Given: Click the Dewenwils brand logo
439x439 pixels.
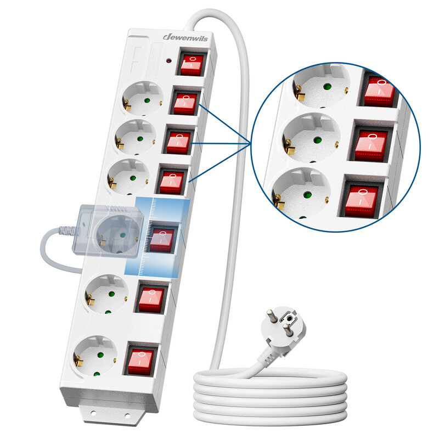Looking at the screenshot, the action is pyautogui.click(x=185, y=37).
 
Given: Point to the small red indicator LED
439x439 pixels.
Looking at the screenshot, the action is pyautogui.click(x=169, y=60).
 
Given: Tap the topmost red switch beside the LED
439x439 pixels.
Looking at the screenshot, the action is pyautogui.click(x=192, y=65).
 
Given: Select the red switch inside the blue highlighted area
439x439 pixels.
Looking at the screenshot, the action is pyautogui.click(x=161, y=240).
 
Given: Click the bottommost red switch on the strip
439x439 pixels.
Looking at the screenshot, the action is pyautogui.click(x=140, y=362).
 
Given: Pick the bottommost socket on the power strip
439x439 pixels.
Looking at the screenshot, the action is pyautogui.click(x=95, y=356).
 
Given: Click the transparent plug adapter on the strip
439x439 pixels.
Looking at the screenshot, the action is pyautogui.click(x=108, y=231).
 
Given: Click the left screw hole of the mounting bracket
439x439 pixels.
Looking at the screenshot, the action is pyautogui.click(x=93, y=412).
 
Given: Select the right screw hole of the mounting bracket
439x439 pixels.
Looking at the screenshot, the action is pyautogui.click(x=127, y=416).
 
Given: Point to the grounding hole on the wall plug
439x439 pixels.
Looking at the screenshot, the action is pyautogui.click(x=289, y=318).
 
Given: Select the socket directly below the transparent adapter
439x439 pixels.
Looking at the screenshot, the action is pyautogui.click(x=106, y=295).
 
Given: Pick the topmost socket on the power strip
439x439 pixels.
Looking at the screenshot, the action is pyautogui.click(x=143, y=99).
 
